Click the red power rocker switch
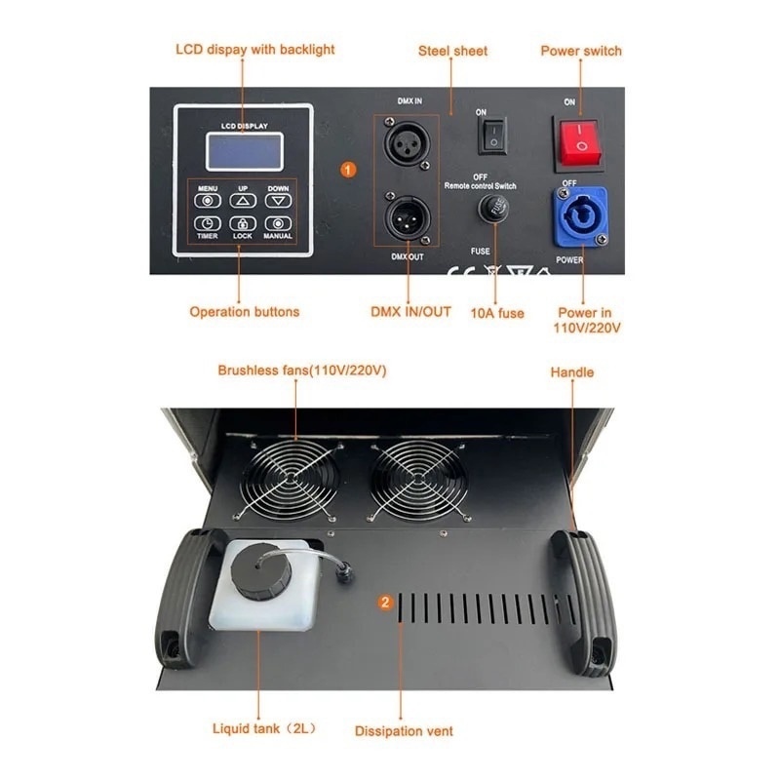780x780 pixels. tap(578, 141)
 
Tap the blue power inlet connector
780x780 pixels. tap(580, 216)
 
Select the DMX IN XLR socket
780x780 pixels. tap(407, 143)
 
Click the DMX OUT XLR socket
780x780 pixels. tap(407, 218)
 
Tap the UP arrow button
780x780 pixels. tap(243, 201)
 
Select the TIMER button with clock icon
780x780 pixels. tap(208, 224)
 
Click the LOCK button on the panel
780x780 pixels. tap(243, 224)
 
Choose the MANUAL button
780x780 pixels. tap(278, 224)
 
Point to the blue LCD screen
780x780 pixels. tap(245, 152)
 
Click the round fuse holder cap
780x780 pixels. tap(493, 208)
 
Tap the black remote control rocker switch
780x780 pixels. tap(492, 136)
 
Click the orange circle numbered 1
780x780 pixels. tap(348, 170)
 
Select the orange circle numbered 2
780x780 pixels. tap(385, 603)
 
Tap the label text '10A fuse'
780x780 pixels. tap(497, 313)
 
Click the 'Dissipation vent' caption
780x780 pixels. tap(404, 731)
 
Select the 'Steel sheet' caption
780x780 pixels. tap(452, 51)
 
